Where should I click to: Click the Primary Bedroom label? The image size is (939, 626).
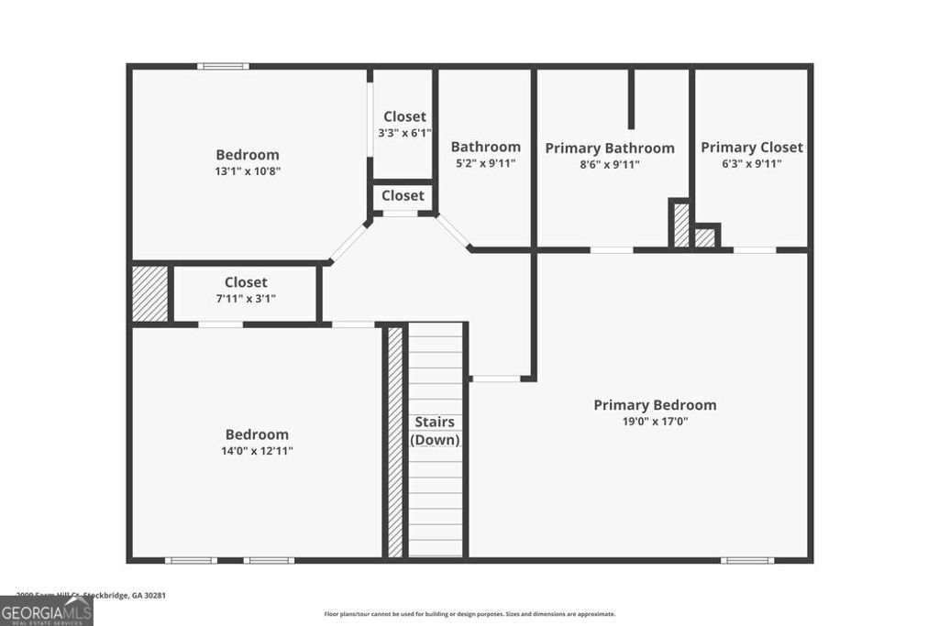(655, 405)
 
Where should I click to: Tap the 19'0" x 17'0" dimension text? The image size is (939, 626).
(655, 422)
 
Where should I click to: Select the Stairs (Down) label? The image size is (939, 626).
(435, 431)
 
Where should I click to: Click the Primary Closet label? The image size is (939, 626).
(751, 148)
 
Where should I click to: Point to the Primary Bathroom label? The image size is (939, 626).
(610, 148)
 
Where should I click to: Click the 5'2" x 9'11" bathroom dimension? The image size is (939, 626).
(485, 164)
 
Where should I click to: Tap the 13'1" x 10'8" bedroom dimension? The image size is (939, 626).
(248, 170)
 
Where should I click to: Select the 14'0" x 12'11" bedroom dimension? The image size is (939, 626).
(257, 451)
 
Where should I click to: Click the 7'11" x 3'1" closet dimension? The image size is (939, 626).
(246, 298)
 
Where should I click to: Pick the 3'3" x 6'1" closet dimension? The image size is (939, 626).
(404, 133)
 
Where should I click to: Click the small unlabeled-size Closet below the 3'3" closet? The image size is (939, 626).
(403, 195)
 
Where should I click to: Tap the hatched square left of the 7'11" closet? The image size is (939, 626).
(149, 293)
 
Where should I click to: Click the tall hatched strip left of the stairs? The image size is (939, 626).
(395, 441)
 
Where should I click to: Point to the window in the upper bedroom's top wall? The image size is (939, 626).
(224, 66)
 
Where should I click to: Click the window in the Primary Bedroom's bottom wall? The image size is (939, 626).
(746, 559)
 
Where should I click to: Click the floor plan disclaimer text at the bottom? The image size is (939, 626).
(469, 614)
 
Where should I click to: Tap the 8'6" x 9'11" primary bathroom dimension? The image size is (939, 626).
(610, 165)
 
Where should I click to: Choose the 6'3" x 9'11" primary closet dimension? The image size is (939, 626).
(751, 164)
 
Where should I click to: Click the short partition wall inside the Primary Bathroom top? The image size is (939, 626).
(631, 98)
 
